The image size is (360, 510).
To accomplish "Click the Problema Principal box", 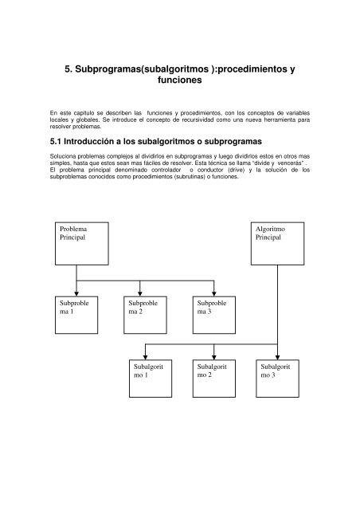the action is click(x=76, y=242).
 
